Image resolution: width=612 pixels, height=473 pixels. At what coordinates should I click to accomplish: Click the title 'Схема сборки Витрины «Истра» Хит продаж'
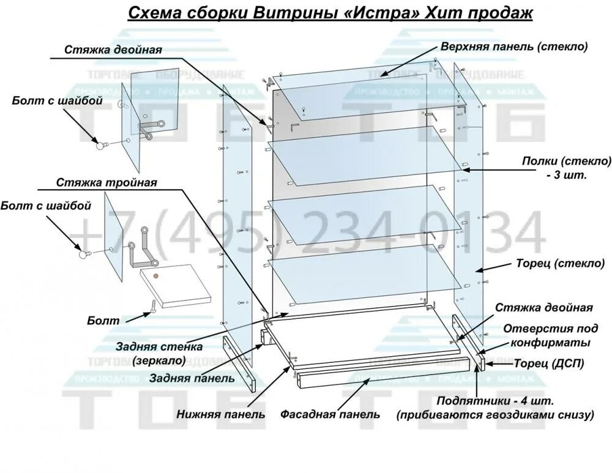330,13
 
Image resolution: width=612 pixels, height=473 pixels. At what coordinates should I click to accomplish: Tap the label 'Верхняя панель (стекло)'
514,47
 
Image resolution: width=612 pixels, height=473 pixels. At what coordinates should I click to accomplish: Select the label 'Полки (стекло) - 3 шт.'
566,168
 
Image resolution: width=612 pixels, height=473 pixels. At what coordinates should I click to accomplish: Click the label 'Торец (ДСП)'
549,363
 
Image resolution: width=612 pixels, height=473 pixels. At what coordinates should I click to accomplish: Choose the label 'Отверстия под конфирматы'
547,335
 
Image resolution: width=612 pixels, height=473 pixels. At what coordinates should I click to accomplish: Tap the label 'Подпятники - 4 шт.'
495,401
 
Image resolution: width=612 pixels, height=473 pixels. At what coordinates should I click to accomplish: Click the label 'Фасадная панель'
330,414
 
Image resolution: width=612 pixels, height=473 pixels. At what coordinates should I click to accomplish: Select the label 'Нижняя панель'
221,414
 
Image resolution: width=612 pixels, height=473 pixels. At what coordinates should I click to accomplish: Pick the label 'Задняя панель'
191,378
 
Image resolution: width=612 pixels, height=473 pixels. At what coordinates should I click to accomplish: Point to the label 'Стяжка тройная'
106,182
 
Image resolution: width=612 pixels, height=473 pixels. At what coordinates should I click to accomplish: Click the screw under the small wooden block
149,311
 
